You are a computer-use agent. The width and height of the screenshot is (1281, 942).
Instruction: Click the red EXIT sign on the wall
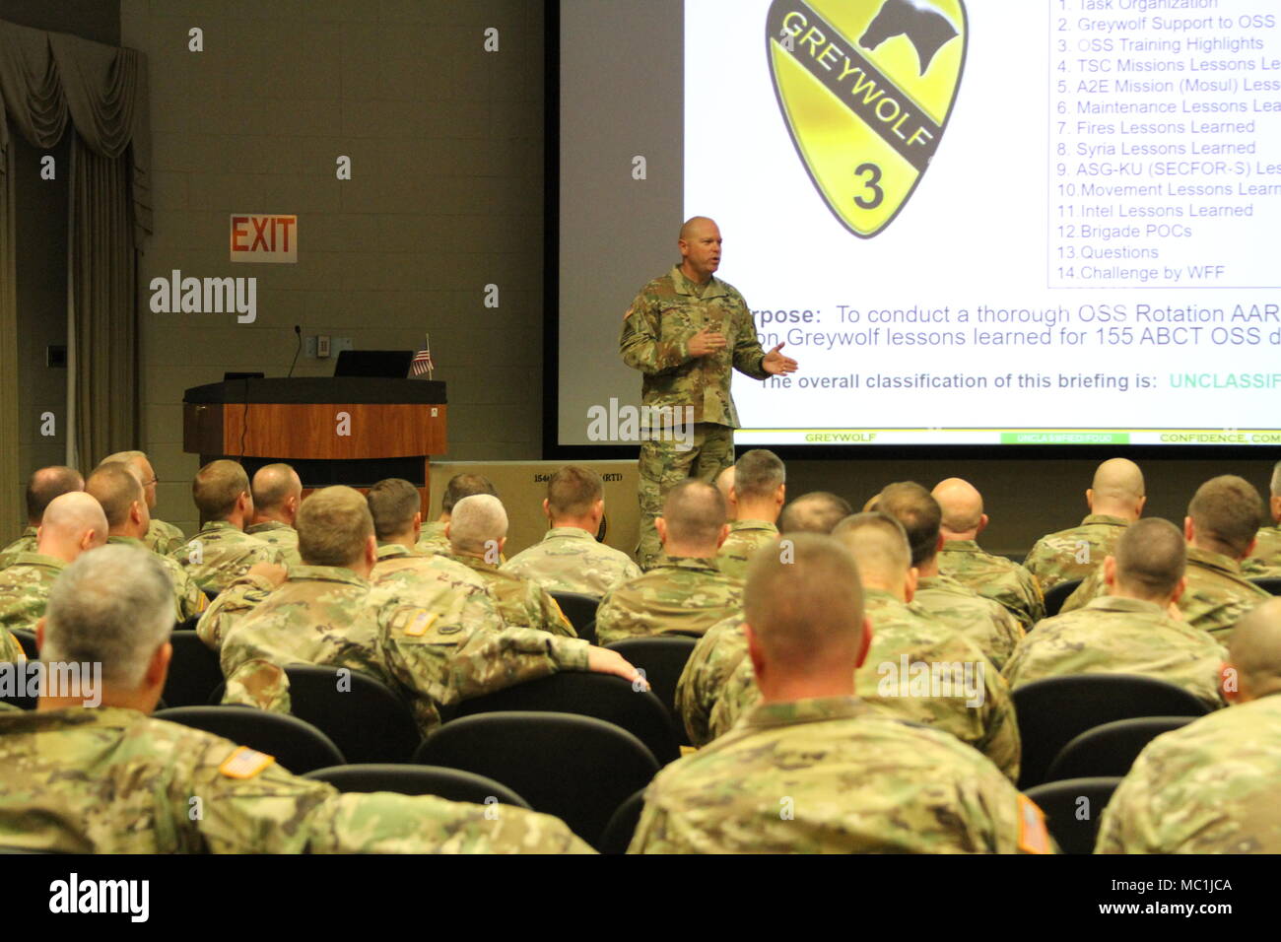click(x=263, y=237)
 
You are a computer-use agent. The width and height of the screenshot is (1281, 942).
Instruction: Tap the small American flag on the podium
click(x=422, y=359)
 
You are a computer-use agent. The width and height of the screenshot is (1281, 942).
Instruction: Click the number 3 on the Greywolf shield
click(x=867, y=186)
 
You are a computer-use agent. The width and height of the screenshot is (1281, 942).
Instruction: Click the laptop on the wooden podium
click(x=371, y=364)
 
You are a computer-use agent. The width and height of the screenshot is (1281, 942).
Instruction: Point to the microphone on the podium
click(x=295, y=350)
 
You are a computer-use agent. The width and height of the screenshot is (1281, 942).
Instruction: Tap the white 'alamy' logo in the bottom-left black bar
click(x=99, y=898)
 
